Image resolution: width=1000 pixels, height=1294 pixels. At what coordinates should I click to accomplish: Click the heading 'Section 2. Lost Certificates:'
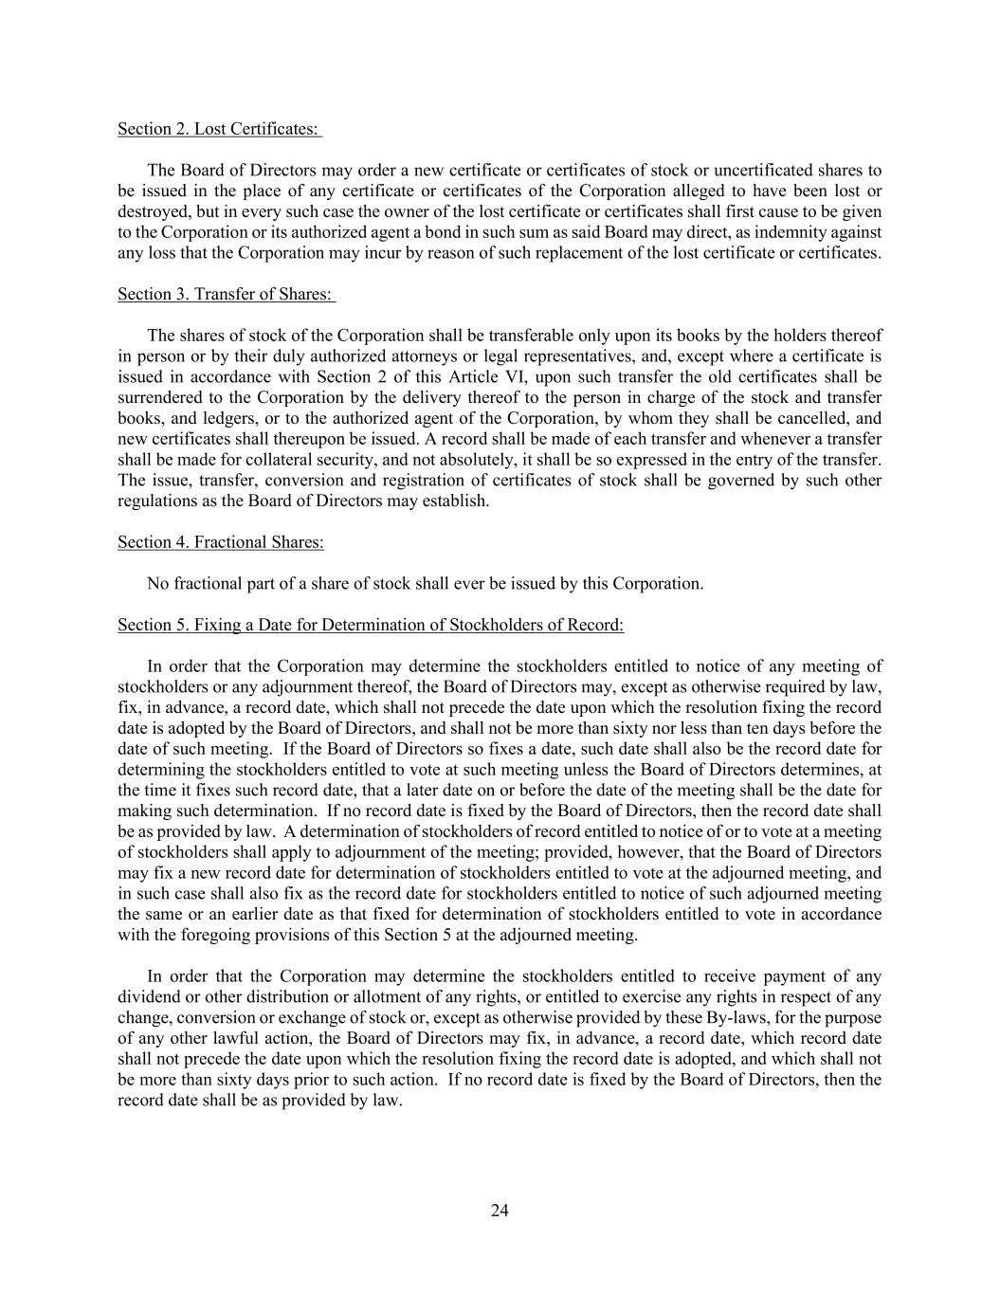click(219, 129)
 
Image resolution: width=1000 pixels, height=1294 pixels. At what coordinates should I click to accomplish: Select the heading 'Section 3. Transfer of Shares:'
click(226, 295)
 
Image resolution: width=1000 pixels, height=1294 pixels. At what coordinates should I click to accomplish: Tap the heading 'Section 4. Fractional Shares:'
click(220, 542)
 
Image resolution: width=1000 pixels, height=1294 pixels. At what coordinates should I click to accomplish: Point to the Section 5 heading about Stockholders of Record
click(371, 625)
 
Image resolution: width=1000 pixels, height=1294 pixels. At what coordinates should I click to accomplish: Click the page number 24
click(500, 1211)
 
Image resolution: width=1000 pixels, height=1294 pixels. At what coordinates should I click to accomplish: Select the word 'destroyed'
click(152, 211)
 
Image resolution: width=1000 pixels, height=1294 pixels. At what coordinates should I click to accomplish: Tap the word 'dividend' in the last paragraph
click(147, 997)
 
